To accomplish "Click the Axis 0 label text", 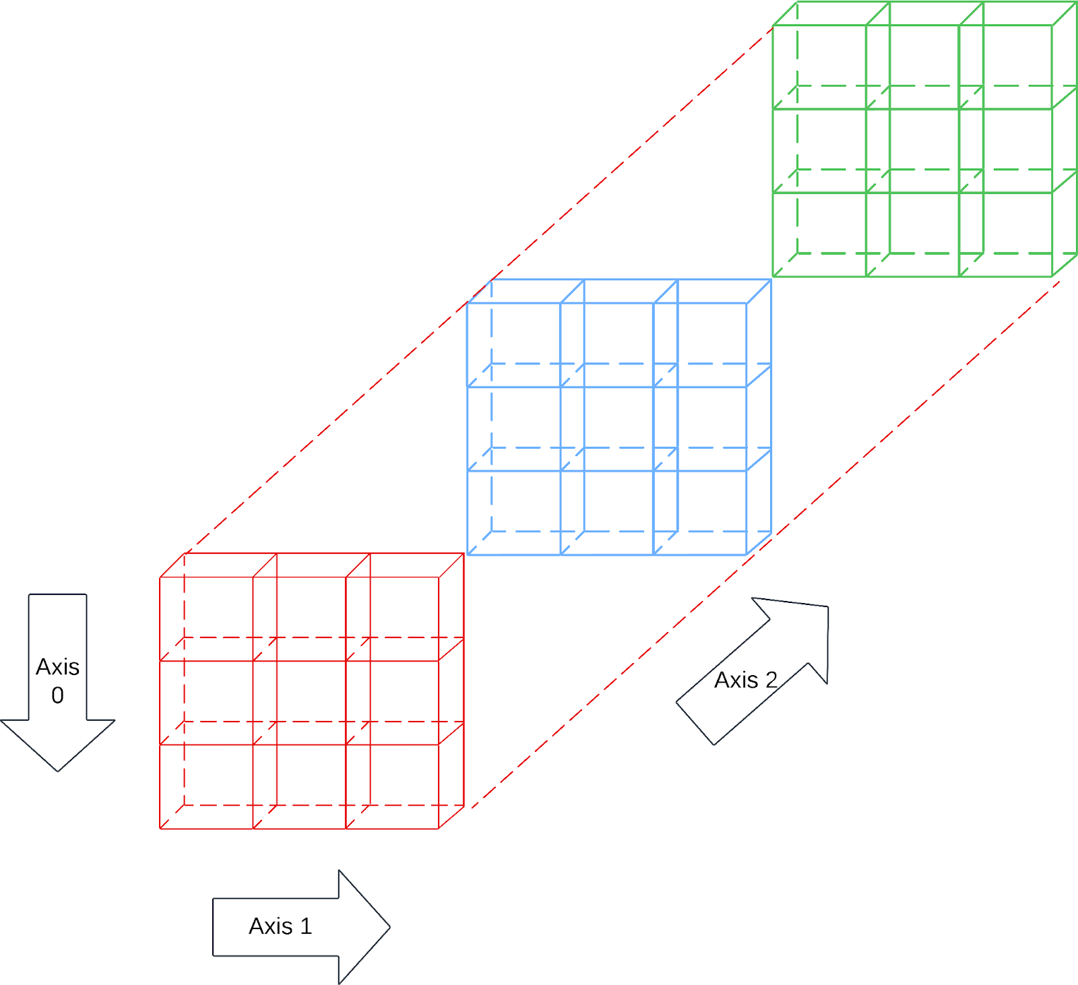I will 57,680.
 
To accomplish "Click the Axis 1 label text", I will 280,926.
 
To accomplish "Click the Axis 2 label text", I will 745,680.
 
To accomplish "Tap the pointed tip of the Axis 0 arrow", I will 58,770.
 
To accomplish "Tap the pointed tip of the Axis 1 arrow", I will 389,927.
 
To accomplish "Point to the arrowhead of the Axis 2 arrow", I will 827,607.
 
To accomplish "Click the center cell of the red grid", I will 299,703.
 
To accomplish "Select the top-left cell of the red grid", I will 206,618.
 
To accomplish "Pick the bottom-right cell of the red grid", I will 392,786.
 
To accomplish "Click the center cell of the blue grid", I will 606,428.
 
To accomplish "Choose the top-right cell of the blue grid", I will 700,345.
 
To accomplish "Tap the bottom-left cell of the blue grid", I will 513,512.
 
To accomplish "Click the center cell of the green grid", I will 912,150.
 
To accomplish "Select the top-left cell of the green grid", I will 819,67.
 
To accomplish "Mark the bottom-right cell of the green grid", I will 1005,234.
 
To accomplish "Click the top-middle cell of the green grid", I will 912,67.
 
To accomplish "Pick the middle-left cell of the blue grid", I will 513,428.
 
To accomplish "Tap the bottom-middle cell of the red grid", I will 299,786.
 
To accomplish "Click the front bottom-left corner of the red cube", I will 160,828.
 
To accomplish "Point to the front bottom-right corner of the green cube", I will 1052,276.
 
